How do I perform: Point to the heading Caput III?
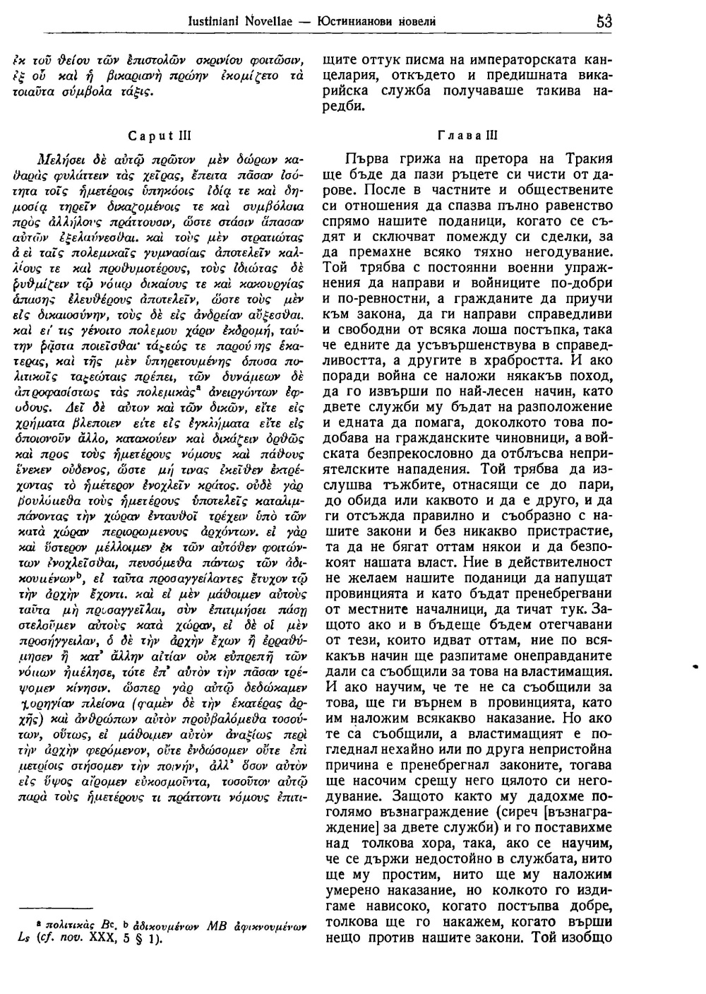click(x=150, y=136)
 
